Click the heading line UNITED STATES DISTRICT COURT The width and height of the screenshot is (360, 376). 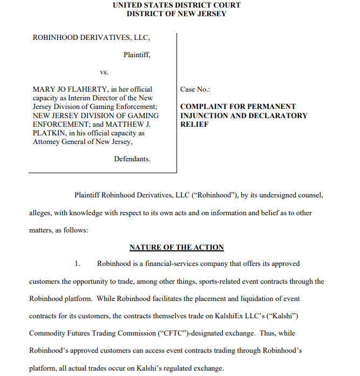coord(176,5)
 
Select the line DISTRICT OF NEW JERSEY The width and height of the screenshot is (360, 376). coord(176,13)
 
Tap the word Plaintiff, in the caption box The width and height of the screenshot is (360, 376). coord(137,54)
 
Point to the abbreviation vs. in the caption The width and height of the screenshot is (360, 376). coord(104,72)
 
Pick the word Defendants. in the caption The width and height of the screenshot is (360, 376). coord(132,159)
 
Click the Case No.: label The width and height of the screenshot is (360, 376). coord(195,89)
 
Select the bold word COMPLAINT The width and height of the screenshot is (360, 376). coord(202,107)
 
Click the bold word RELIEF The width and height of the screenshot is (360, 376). coord(192,124)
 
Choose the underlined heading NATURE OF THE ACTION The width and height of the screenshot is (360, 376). coord(176,247)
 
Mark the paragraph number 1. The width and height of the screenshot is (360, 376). coord(78,264)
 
